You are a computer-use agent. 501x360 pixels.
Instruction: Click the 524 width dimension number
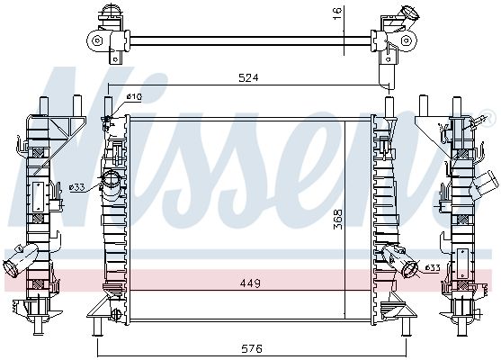248,77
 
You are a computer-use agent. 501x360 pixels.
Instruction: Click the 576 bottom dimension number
252,348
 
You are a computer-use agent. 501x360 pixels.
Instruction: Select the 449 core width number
250,283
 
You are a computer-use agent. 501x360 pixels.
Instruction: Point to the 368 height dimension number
337,220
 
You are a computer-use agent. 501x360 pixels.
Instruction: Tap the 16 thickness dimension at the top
337,13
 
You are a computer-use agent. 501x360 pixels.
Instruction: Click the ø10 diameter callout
134,96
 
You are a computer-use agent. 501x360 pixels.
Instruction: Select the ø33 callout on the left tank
77,187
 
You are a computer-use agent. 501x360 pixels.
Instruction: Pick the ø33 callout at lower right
432,267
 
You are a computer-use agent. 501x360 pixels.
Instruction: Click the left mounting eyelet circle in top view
96,40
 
